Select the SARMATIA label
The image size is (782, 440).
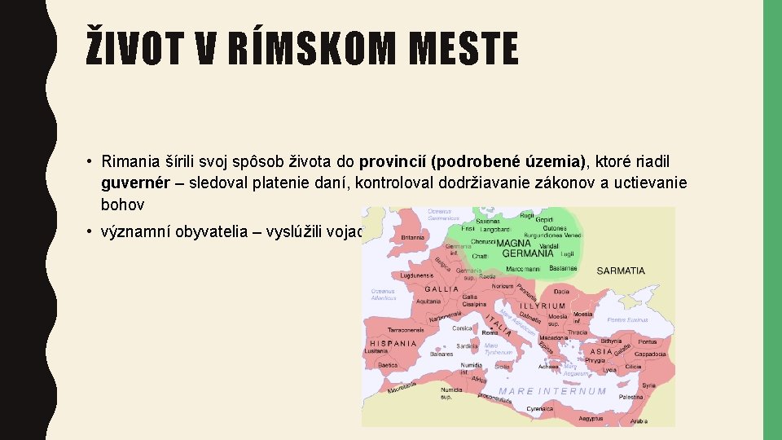[621, 271]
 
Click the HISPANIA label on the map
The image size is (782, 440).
[394, 343]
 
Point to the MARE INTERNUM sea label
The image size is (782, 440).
[553, 391]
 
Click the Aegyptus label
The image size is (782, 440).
[591, 418]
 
